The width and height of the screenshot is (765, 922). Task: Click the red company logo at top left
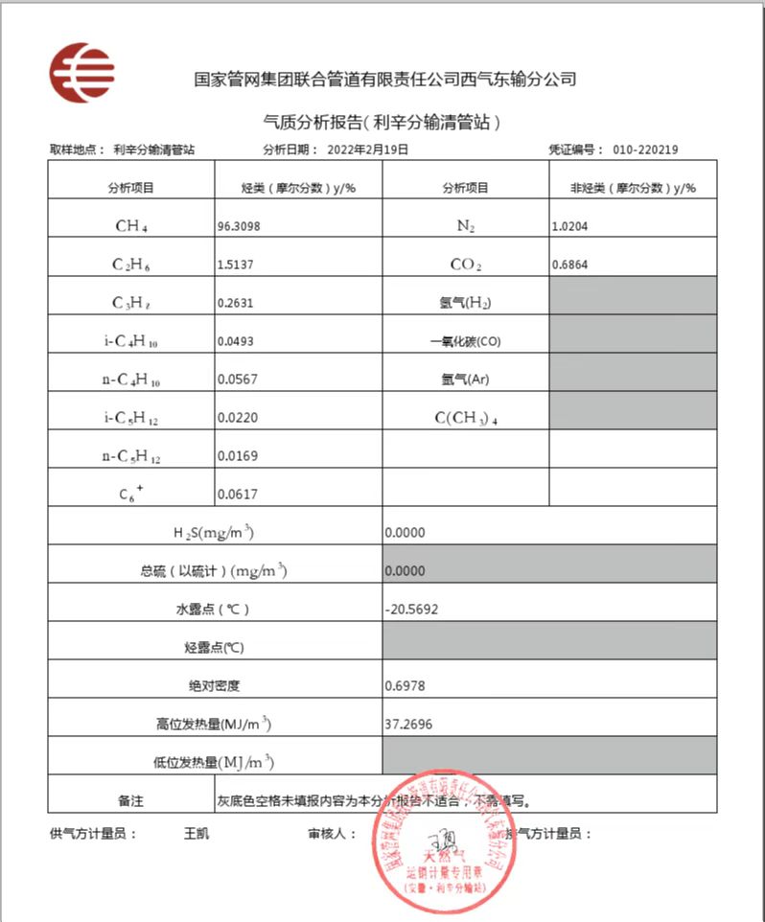(x=82, y=73)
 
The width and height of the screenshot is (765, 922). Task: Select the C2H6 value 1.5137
(x=240, y=265)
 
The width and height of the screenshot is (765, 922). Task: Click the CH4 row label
(x=130, y=226)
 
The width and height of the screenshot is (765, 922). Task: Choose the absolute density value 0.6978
(x=405, y=685)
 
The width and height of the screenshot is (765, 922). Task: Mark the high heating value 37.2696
(x=407, y=724)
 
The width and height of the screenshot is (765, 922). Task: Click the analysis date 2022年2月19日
(x=367, y=150)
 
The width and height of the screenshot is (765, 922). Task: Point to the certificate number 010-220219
(x=652, y=150)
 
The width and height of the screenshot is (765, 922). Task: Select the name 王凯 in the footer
(x=196, y=833)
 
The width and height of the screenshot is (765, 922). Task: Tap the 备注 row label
(x=130, y=799)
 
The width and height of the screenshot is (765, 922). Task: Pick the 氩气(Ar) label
(x=465, y=380)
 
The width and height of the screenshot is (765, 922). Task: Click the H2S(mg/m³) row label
(x=213, y=532)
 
